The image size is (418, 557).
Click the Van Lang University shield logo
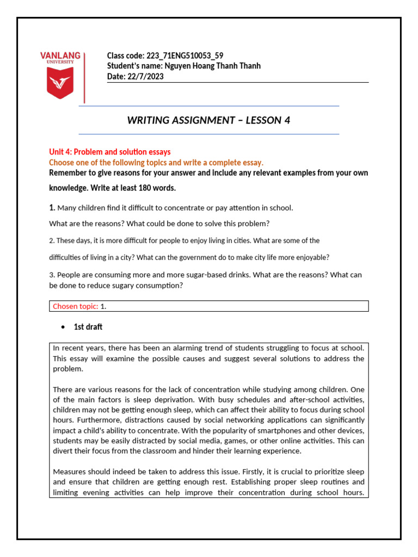(x=60, y=84)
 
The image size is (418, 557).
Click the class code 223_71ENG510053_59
(x=185, y=55)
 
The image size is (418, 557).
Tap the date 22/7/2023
(x=146, y=77)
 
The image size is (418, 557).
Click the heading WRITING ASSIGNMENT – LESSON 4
(x=208, y=120)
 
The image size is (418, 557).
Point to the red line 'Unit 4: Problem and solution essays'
(x=109, y=152)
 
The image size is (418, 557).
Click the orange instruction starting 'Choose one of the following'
(x=156, y=162)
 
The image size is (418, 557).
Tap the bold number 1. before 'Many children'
(x=52, y=207)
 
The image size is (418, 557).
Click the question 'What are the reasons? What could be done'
(x=159, y=223)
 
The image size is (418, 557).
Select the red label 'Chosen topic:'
(x=75, y=306)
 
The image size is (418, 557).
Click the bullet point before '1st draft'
(x=63, y=327)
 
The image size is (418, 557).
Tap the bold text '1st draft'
(x=88, y=327)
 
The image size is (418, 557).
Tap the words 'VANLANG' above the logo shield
(x=60, y=55)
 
